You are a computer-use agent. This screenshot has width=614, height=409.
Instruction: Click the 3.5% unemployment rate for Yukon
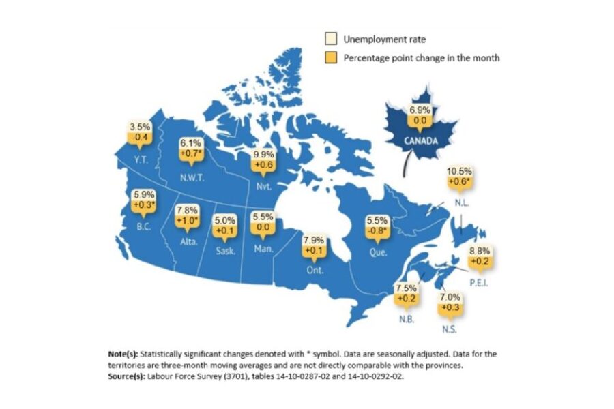(x=139, y=127)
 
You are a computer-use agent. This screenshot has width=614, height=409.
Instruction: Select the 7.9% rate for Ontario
(x=313, y=241)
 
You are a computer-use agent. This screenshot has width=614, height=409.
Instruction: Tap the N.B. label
(x=405, y=319)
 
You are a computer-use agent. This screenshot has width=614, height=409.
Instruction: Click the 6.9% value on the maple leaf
(x=420, y=109)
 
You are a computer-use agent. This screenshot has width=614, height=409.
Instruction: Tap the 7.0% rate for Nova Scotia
(x=450, y=298)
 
